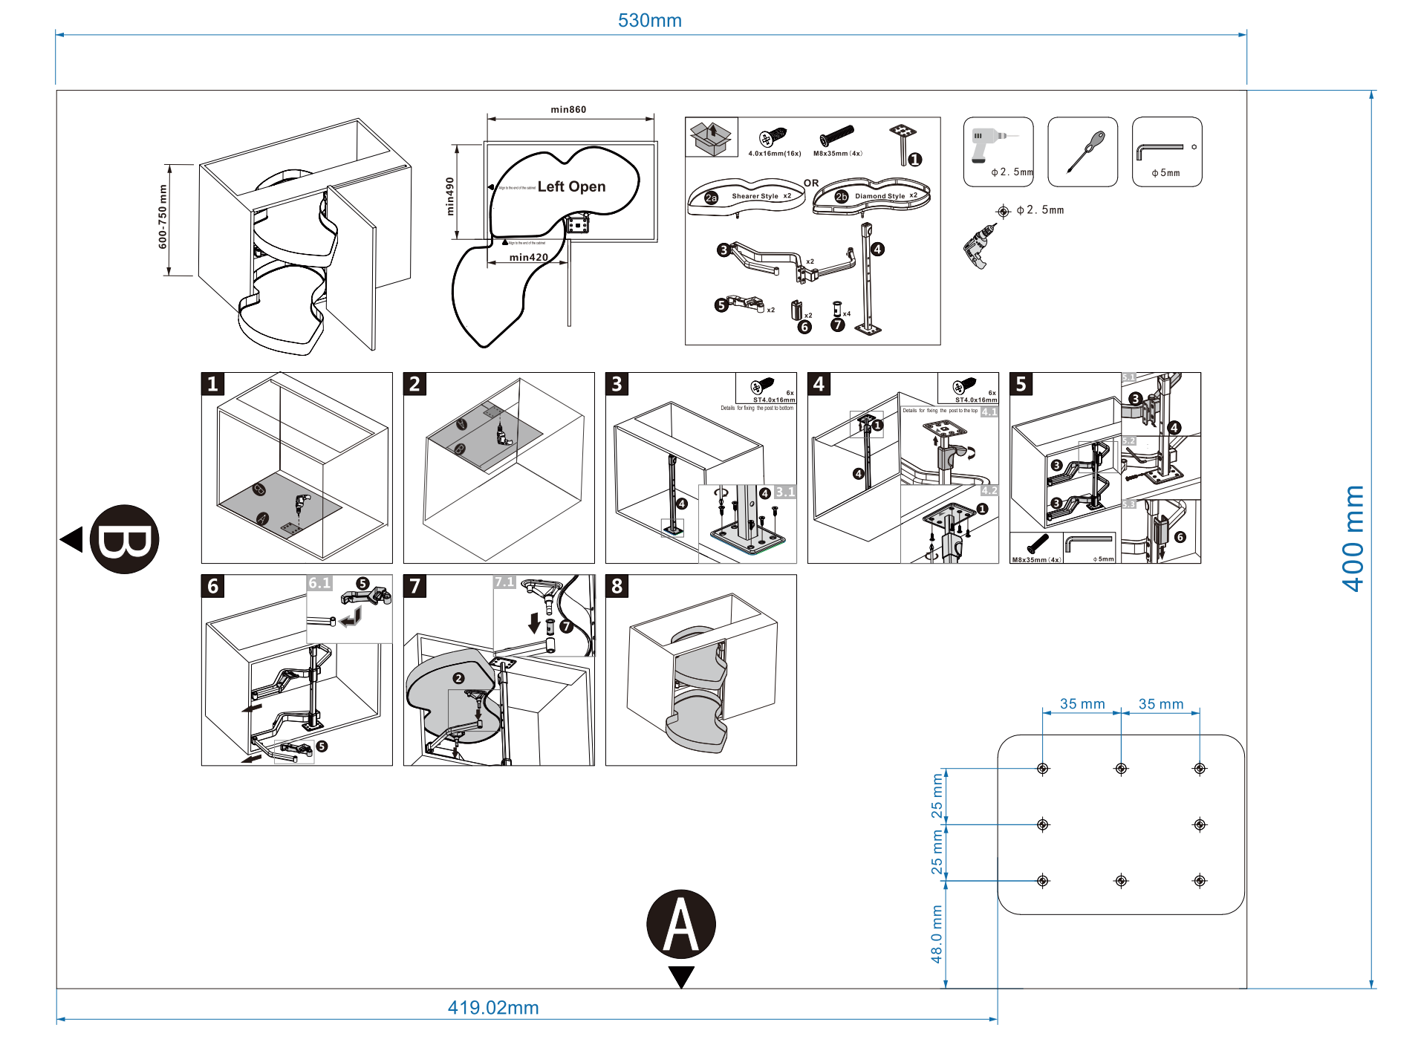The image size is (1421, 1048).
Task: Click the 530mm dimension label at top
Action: pyautogui.click(x=649, y=21)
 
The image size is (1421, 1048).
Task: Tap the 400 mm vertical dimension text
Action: pyautogui.click(x=1353, y=538)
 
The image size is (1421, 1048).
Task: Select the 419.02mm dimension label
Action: pyautogui.click(x=492, y=1008)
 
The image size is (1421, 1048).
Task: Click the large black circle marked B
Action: pyautogui.click(x=124, y=539)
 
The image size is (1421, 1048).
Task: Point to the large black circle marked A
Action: pyautogui.click(x=680, y=924)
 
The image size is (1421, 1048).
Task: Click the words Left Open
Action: pyautogui.click(x=571, y=186)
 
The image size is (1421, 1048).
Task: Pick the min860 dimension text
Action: pyautogui.click(x=568, y=110)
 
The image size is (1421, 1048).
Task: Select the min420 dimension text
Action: pyautogui.click(x=528, y=257)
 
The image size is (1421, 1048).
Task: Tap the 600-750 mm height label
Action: pyautogui.click(x=163, y=217)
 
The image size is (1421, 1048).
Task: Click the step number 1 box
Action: pyautogui.click(x=212, y=384)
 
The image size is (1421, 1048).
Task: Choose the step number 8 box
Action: pyautogui.click(x=617, y=586)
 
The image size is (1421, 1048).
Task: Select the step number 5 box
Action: pyautogui.click(x=1021, y=384)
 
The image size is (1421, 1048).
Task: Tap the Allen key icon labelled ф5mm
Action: pyautogui.click(x=1166, y=152)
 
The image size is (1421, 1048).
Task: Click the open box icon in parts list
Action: pyautogui.click(x=711, y=137)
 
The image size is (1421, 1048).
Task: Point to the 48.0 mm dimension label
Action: pyautogui.click(x=937, y=934)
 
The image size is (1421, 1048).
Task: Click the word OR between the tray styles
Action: pyautogui.click(x=811, y=183)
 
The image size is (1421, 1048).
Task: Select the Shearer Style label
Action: pyautogui.click(x=755, y=196)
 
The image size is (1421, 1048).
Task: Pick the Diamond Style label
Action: pyautogui.click(x=879, y=196)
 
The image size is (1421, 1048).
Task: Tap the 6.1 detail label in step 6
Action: pyautogui.click(x=319, y=583)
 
